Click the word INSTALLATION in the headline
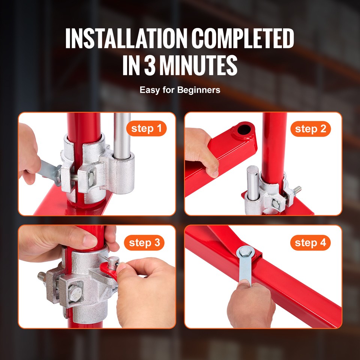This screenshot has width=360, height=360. tap(125, 39)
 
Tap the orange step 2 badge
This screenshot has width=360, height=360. tap(310, 129)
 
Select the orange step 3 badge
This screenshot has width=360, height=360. tap(144, 243)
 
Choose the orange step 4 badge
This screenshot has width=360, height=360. tap(310, 243)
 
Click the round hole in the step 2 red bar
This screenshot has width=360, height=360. tap(244, 130)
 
